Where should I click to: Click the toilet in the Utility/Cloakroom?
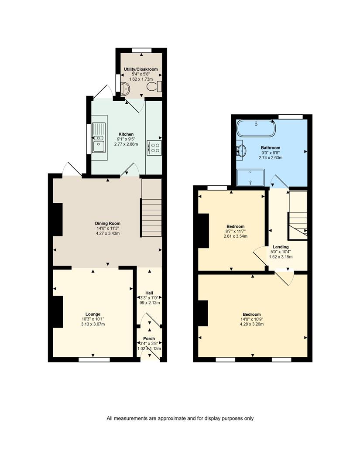tap(154, 86)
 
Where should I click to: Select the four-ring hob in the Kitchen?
tap(154, 147)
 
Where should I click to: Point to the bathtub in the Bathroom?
tap(256, 128)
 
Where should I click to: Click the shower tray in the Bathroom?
tap(250, 177)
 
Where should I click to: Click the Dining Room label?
tap(108, 223)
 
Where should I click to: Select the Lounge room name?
tap(93, 314)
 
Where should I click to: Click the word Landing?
tap(281, 247)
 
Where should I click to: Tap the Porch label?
tap(149, 338)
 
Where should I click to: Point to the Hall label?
tap(149, 293)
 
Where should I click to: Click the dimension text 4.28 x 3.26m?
tap(252, 324)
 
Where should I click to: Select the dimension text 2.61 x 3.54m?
tap(236, 236)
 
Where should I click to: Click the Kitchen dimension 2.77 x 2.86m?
tap(126, 144)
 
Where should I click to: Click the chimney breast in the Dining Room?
tap(58, 219)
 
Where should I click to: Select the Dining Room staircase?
tap(151, 208)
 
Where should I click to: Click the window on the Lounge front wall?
tap(94, 359)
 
